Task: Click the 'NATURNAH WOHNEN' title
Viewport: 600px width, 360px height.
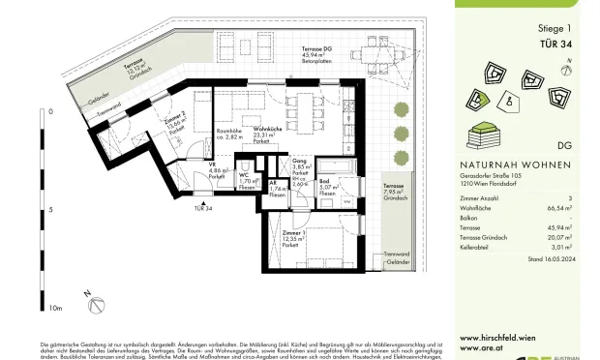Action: [x=497, y=165]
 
